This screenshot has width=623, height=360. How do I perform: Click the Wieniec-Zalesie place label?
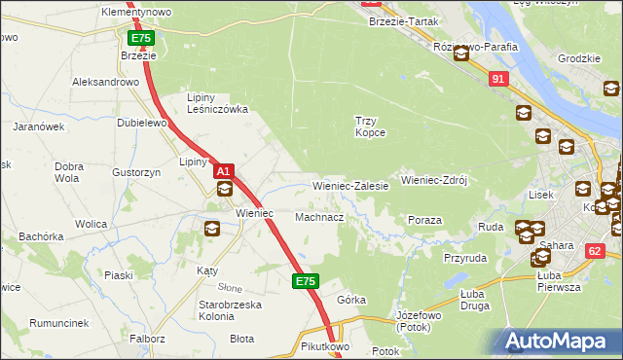tap(350, 185)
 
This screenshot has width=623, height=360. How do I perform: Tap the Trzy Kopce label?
tap(370, 126)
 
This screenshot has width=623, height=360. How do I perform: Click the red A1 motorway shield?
tap(223, 171)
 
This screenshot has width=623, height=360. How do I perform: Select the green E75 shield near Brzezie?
tap(140, 38)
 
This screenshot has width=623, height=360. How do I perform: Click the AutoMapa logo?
tap(560, 342)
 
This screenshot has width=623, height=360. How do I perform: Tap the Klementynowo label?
tap(136, 12)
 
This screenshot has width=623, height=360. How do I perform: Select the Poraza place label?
tap(424, 221)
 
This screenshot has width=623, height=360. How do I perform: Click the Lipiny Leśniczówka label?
tap(217, 104)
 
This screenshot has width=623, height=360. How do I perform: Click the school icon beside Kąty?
tap(211, 230)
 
